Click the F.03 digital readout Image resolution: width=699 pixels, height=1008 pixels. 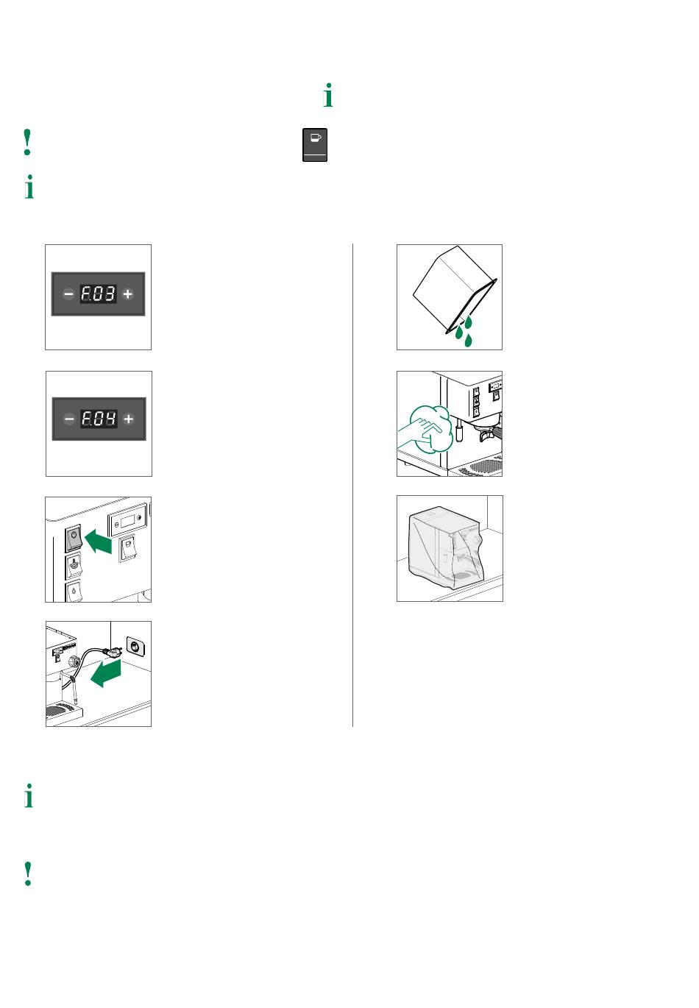98,294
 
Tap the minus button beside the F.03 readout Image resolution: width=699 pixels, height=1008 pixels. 68,294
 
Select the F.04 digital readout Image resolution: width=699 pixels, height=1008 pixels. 99,418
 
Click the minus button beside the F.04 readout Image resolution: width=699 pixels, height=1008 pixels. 69,419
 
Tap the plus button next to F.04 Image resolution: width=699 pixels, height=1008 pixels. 128,419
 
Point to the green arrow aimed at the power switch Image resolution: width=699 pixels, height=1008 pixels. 98,541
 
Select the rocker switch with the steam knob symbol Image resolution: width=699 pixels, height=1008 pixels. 74,566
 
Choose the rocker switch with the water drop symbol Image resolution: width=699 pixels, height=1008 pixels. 74,591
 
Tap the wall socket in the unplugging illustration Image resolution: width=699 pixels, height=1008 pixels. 135,647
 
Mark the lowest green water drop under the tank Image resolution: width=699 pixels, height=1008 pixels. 468,340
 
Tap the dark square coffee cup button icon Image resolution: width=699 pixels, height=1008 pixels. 315,145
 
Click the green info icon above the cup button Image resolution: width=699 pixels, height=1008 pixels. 329,95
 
